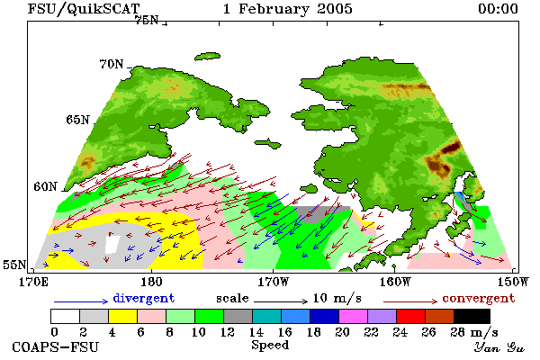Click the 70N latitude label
[112, 64]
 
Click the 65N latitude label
[77, 120]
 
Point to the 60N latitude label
[45, 186]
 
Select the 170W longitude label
[274, 282]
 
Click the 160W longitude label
[395, 282]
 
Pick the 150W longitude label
[513, 282]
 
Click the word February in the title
[274, 9]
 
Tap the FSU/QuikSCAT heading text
[84, 9]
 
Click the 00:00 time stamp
[498, 9]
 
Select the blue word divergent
[144, 298]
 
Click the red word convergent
[479, 298]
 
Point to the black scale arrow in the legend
[281, 301]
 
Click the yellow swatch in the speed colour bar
[122, 316]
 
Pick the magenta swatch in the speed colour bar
[353, 316]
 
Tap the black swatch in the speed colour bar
[472, 316]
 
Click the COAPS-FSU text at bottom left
[55, 346]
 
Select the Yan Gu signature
[499, 347]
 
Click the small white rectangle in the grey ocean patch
[112, 245]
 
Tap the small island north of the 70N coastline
[207, 56]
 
